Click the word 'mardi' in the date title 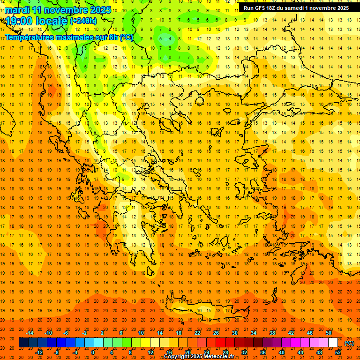coord(17,10)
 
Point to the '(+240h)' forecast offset coord(83,21)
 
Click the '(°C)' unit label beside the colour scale coord(349,343)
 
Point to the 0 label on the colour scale coord(93,352)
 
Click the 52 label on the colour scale coord(338,352)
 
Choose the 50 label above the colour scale coord(329,332)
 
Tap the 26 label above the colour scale coord(216,332)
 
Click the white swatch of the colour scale coord(333,343)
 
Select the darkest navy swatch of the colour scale coord(23,343)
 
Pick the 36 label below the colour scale coord(263,352)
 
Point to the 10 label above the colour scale coord(141,332)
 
